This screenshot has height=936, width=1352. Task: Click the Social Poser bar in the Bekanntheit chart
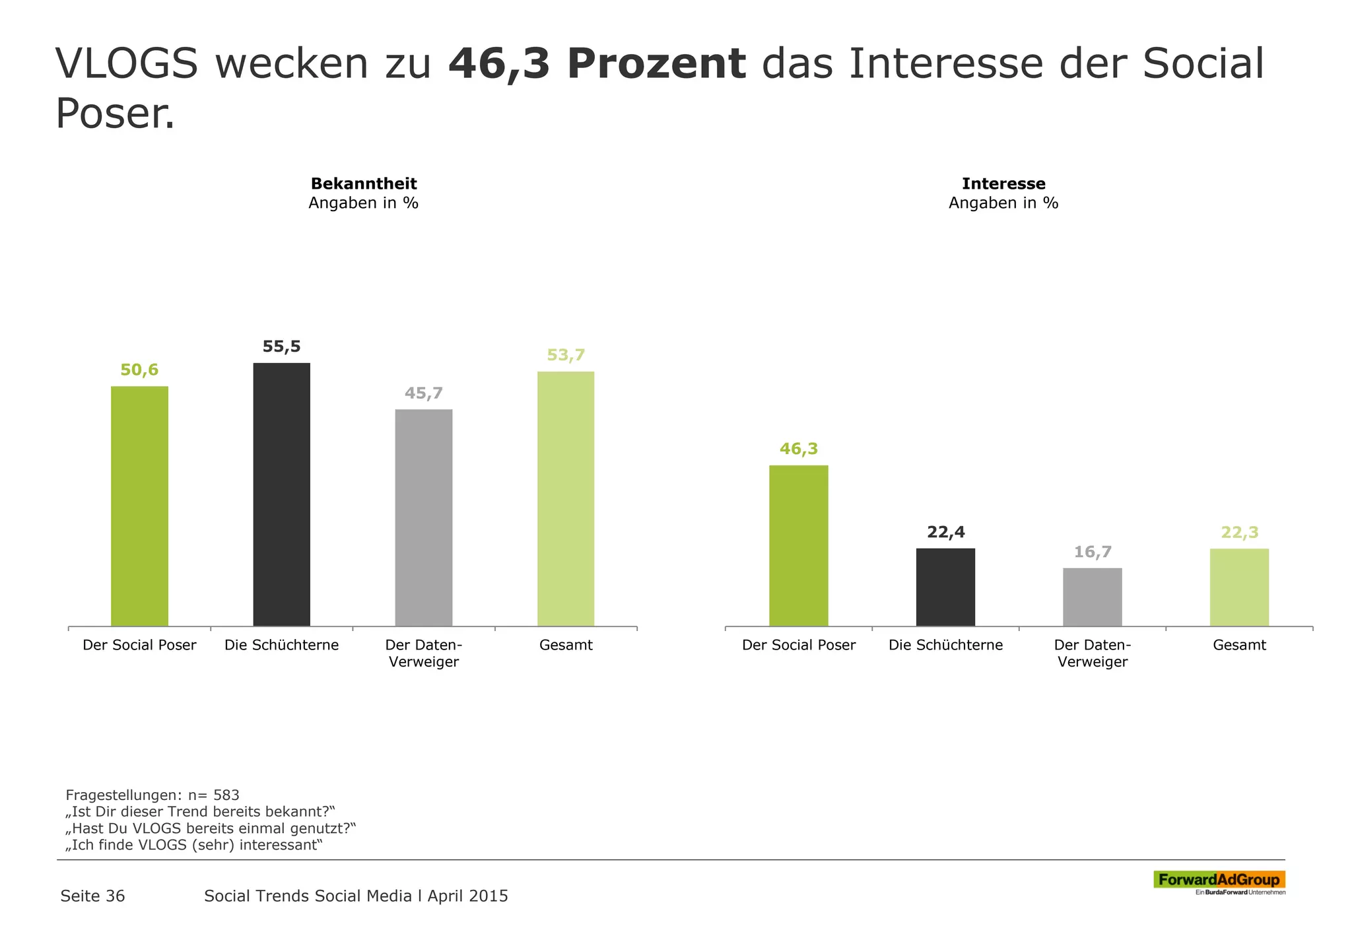139,506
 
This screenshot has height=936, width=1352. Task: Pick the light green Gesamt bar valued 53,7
565,498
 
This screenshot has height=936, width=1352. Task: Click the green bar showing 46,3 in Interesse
798,545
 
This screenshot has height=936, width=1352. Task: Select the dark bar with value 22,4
945,587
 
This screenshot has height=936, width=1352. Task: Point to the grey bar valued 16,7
1092,597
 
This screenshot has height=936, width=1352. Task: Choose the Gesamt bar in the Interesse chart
1238,587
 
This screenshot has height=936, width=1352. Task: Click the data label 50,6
139,370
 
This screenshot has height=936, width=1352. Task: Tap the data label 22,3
1239,532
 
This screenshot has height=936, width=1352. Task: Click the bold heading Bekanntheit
364,184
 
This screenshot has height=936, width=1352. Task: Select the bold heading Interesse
1003,184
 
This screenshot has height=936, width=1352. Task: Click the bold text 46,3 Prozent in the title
597,65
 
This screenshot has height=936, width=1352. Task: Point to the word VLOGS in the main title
127,65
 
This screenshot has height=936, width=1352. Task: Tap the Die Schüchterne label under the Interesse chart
945,645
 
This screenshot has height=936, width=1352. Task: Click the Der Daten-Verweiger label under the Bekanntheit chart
423,653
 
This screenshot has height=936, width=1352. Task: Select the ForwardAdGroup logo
1219,881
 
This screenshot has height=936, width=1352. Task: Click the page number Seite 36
92,896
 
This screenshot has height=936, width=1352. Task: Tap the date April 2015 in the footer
467,896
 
